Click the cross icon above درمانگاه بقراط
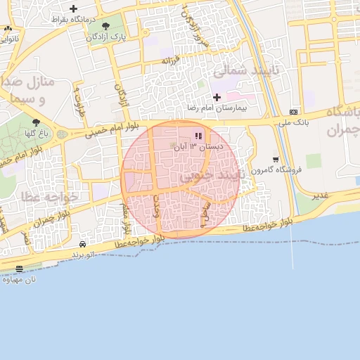coord(73,8)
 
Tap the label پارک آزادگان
coord(105,37)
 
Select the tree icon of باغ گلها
coord(36,122)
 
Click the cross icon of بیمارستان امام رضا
coord(217,96)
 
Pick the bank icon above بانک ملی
coord(293,112)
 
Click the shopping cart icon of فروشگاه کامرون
coord(276,160)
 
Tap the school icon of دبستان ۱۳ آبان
coord(198,136)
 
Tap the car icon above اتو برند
coord(83,243)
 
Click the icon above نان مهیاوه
coord(19,269)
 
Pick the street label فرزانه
coord(172,61)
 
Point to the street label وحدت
coord(157,206)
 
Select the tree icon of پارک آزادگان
coord(105,26)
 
